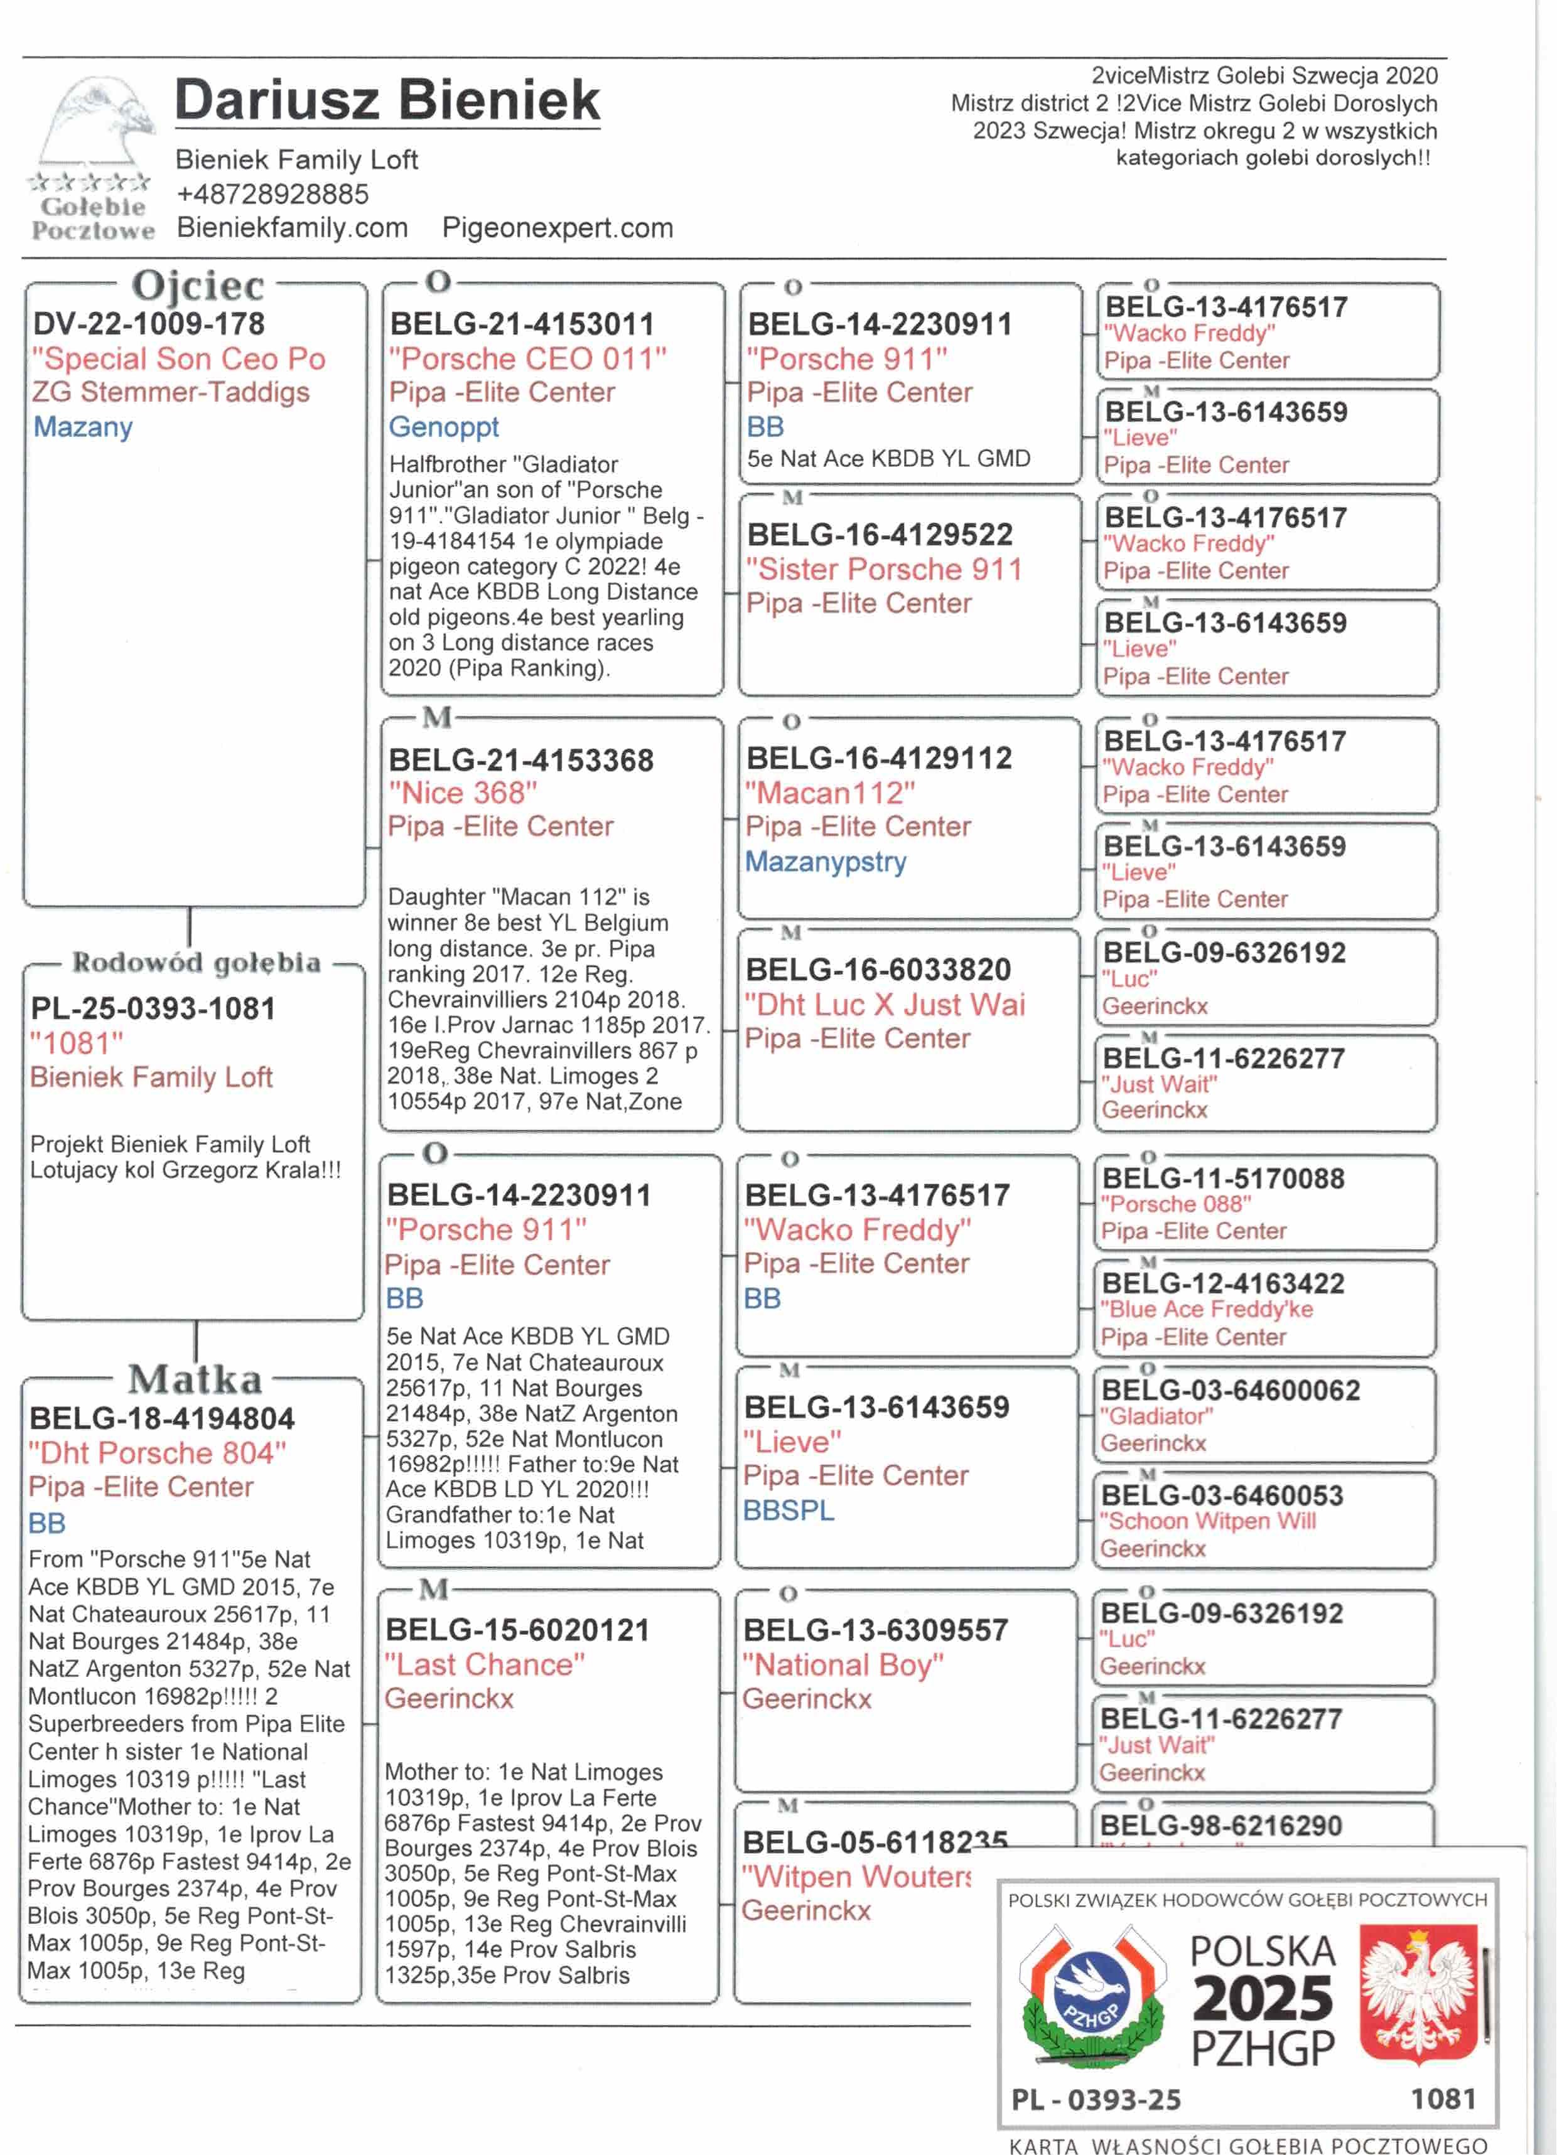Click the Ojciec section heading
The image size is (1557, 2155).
[198, 285]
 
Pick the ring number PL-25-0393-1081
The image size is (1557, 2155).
[153, 1008]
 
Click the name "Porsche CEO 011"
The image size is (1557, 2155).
[527, 359]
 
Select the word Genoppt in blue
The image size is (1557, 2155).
[443, 427]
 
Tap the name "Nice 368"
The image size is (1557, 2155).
[462, 793]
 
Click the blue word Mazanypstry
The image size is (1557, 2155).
[825, 862]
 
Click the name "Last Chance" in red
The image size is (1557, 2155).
[484, 1665]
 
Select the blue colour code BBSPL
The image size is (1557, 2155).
[788, 1510]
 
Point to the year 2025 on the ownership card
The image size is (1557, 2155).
[1263, 1998]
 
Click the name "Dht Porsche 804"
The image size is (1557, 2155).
[157, 1453]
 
